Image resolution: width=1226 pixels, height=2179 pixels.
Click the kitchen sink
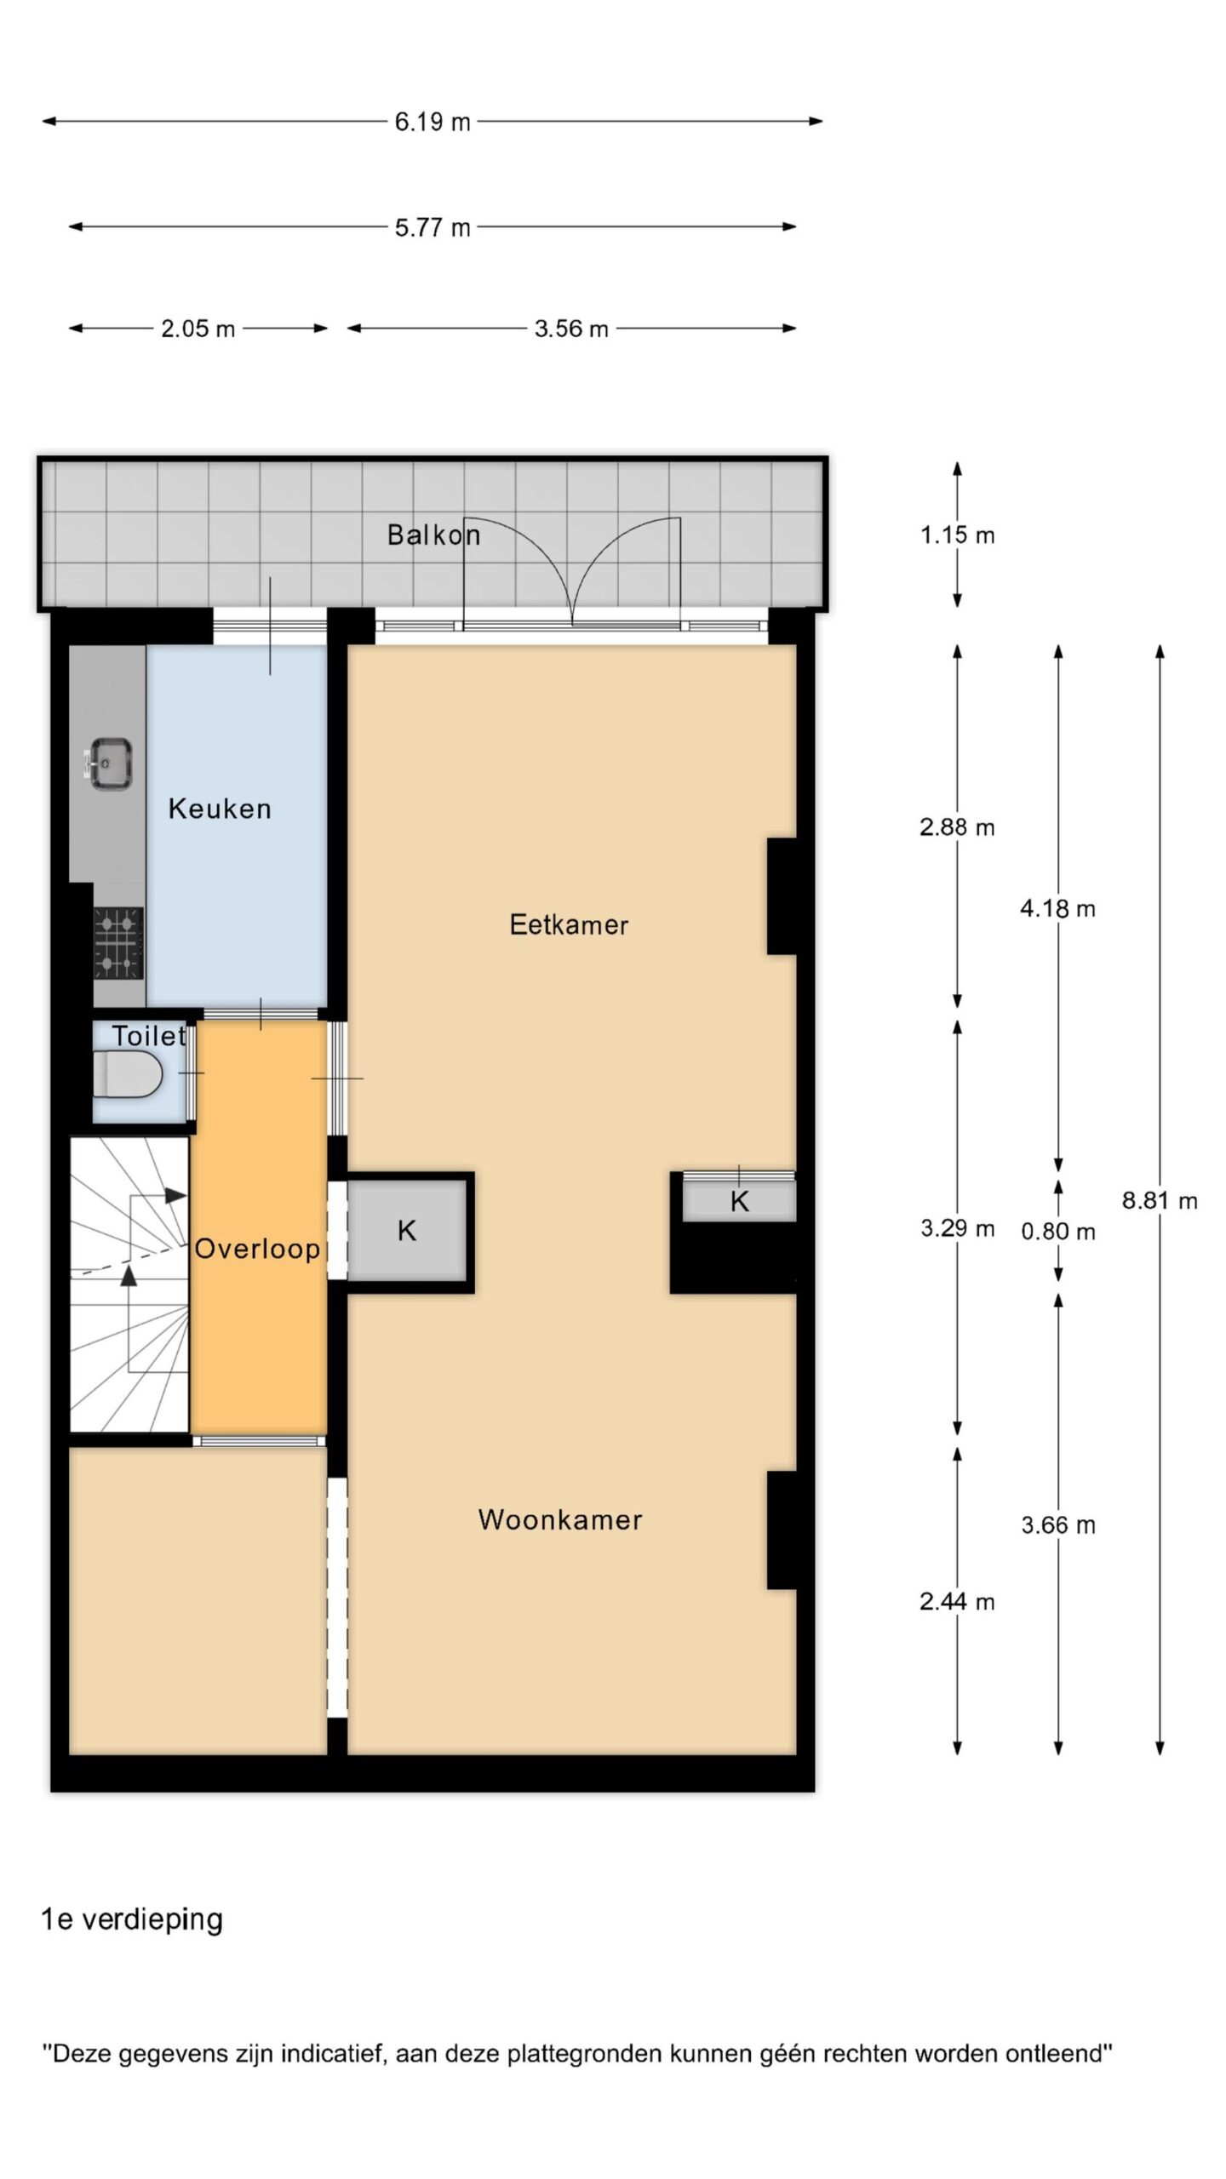click(111, 763)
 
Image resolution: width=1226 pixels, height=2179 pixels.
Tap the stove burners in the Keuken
click(118, 943)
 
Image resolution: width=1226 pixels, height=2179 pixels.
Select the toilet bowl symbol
click(127, 1074)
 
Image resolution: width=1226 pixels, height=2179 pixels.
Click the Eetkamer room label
click(569, 924)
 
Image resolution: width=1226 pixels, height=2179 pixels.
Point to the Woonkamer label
click(560, 1519)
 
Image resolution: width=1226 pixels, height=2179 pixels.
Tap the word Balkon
click(433, 535)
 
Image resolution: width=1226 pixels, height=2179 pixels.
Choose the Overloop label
click(257, 1249)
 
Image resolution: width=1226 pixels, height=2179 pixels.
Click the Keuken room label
click(220, 808)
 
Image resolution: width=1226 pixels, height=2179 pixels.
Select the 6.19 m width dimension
click(433, 122)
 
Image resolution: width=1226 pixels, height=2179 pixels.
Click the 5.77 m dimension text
click(433, 227)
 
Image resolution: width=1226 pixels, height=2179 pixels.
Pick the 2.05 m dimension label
click(198, 329)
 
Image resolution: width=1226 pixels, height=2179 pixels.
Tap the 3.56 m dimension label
click(571, 329)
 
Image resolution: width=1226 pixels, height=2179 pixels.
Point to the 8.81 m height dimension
click(1160, 1200)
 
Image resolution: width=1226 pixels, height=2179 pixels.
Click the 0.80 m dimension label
click(1058, 1231)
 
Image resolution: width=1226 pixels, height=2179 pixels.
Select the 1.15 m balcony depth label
click(957, 535)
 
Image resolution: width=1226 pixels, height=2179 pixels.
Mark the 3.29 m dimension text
click(957, 1227)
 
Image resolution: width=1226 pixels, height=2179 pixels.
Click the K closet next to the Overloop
click(407, 1230)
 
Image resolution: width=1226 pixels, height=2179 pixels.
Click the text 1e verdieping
click(132, 1919)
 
